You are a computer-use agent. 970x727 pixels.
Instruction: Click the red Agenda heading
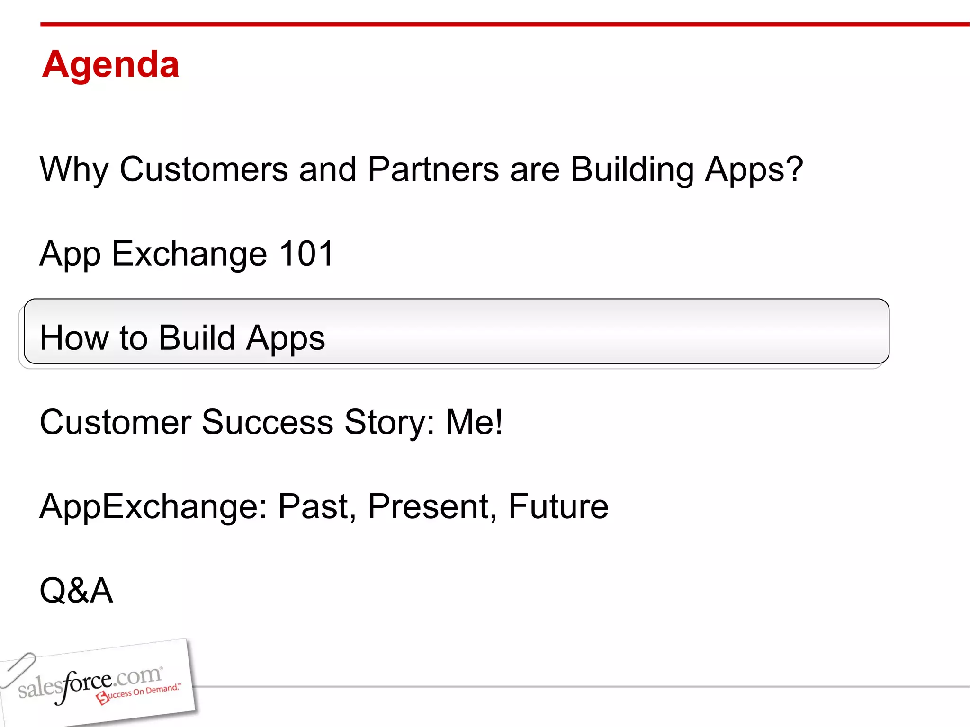point(110,64)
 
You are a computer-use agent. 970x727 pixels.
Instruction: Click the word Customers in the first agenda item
point(204,169)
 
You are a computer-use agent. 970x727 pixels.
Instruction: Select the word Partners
point(433,169)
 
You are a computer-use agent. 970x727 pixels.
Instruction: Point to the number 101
point(306,254)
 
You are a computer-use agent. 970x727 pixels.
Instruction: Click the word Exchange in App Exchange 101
point(189,254)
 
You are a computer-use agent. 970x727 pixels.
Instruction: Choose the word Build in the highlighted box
point(197,338)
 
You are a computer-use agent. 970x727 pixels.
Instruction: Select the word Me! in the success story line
point(474,422)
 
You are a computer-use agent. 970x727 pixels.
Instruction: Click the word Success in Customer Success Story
point(267,422)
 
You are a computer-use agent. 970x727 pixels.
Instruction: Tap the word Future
point(558,506)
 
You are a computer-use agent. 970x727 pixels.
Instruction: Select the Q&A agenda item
point(76,591)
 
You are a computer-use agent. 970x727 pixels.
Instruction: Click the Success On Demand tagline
point(142,692)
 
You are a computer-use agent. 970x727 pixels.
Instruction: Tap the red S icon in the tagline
point(102,698)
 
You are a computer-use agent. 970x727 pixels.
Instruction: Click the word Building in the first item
point(632,169)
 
